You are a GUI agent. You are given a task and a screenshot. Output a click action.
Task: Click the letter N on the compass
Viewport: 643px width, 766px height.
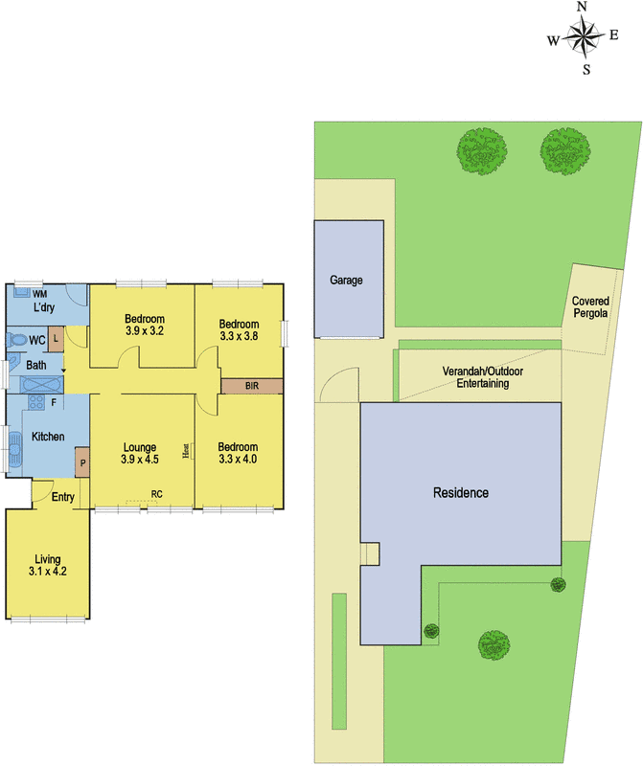tap(582, 8)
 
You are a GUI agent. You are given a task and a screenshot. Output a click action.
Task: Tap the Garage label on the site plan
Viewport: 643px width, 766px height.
tap(346, 281)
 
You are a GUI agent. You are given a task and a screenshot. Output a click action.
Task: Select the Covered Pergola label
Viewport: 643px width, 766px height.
tap(590, 305)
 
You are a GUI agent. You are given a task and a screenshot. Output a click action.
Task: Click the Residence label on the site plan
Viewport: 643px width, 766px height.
tap(461, 493)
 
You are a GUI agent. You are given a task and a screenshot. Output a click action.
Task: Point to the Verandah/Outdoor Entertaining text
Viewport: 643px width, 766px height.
tap(475, 376)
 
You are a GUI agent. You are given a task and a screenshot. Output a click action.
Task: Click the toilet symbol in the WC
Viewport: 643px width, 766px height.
tap(15, 340)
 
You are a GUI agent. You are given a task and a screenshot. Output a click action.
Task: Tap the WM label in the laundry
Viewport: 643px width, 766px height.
tap(40, 293)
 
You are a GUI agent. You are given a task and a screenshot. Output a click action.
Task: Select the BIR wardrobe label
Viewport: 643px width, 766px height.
tap(252, 386)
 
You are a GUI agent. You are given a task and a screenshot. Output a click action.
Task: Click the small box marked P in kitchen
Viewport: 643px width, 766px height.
tap(82, 463)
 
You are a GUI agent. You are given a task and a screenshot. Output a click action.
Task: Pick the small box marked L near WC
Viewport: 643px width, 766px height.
tap(57, 337)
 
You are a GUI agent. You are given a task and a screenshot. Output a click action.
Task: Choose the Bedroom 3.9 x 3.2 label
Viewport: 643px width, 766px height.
tap(145, 326)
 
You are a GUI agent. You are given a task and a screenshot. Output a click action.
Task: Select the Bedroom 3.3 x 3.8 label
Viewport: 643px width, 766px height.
tap(239, 330)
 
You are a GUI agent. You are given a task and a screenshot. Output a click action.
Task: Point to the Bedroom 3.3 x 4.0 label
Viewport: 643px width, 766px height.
tap(238, 453)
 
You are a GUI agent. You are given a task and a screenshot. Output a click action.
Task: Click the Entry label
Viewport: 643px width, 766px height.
tap(63, 496)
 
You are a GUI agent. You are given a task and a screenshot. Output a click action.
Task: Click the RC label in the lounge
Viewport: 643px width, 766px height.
tap(155, 494)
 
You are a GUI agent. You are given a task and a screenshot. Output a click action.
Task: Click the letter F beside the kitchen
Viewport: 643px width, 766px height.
tap(53, 402)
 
